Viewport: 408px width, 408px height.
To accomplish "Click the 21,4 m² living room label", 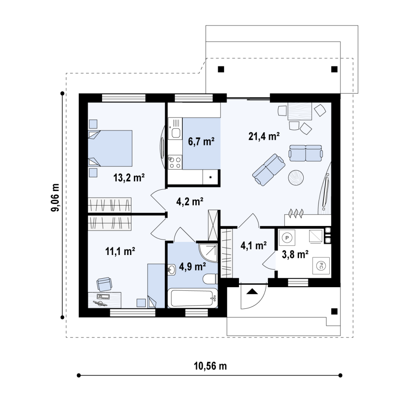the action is tap(264, 136).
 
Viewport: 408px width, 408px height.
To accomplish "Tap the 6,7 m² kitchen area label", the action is tap(201, 142).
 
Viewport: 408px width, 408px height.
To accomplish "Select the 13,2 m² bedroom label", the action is tap(129, 178).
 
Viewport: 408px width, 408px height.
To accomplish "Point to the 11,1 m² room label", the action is tap(120, 251).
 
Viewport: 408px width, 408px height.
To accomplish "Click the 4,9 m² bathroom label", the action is tap(193, 266).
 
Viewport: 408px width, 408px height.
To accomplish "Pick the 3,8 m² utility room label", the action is tap(295, 255).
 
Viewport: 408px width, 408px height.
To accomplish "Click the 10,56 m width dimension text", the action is tap(210, 366).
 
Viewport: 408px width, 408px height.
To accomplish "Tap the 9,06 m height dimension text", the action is tap(55, 198).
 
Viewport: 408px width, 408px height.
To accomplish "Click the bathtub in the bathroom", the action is tap(193, 298).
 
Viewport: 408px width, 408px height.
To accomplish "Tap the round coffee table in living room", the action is tap(296, 178).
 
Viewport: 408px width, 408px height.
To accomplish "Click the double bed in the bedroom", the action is tap(110, 148).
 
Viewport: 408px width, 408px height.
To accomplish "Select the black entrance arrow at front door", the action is tap(252, 291).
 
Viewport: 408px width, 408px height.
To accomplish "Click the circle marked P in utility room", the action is tap(287, 237).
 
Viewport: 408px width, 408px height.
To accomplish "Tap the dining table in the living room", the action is tap(300, 111).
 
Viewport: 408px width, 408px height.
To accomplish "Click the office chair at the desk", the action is tap(104, 284).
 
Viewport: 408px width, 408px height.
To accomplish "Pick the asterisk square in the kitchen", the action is tap(211, 177).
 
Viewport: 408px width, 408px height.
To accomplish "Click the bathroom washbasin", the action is tap(171, 270).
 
